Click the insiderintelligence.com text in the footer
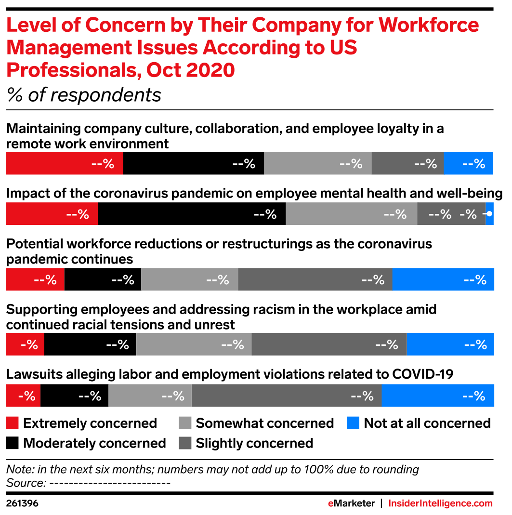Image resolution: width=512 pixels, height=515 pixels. [x=440, y=503]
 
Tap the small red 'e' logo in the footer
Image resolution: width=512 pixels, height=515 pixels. [x=330, y=503]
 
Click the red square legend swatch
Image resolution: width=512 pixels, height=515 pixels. [x=12, y=423]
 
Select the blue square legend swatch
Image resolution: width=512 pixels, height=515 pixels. [x=353, y=423]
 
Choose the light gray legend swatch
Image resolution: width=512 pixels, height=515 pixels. [x=185, y=423]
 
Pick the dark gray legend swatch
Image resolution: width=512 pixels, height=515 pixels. [x=185, y=443]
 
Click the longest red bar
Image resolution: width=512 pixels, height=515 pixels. [x=64, y=163]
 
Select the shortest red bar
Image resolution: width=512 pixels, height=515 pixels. [x=23, y=396]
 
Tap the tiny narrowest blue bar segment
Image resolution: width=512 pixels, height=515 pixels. [x=490, y=214]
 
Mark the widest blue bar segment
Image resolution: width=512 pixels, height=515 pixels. [x=438, y=396]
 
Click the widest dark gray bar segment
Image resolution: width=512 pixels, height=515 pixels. [x=287, y=396]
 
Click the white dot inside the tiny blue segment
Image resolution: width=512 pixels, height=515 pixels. [x=489, y=214]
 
